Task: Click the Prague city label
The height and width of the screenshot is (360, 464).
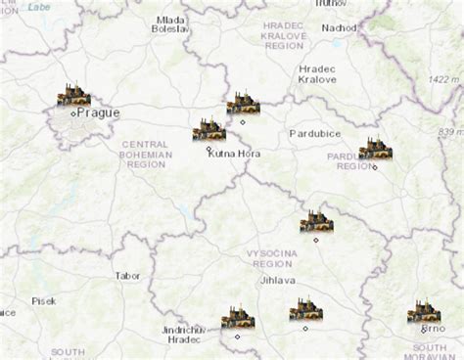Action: point(98,112)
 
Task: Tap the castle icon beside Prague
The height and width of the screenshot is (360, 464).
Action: point(73,96)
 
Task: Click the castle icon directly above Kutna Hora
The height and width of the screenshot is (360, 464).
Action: point(209,129)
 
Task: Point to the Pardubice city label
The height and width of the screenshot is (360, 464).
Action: point(313,132)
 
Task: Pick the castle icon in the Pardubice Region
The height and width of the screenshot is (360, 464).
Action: point(374,149)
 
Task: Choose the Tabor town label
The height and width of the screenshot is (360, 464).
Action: point(127,276)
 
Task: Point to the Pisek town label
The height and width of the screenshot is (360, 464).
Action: point(44,301)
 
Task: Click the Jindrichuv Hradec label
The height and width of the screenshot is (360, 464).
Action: point(184,334)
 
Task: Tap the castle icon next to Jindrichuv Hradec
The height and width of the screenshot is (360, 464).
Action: point(238,317)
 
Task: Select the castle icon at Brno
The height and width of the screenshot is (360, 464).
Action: point(423,312)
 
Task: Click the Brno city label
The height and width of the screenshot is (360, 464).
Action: point(434,330)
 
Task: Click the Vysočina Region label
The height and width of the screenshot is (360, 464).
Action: point(271,258)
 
